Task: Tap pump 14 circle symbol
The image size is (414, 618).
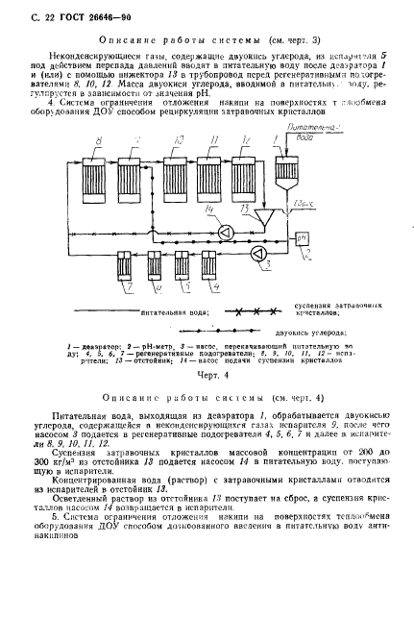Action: [x=223, y=231]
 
